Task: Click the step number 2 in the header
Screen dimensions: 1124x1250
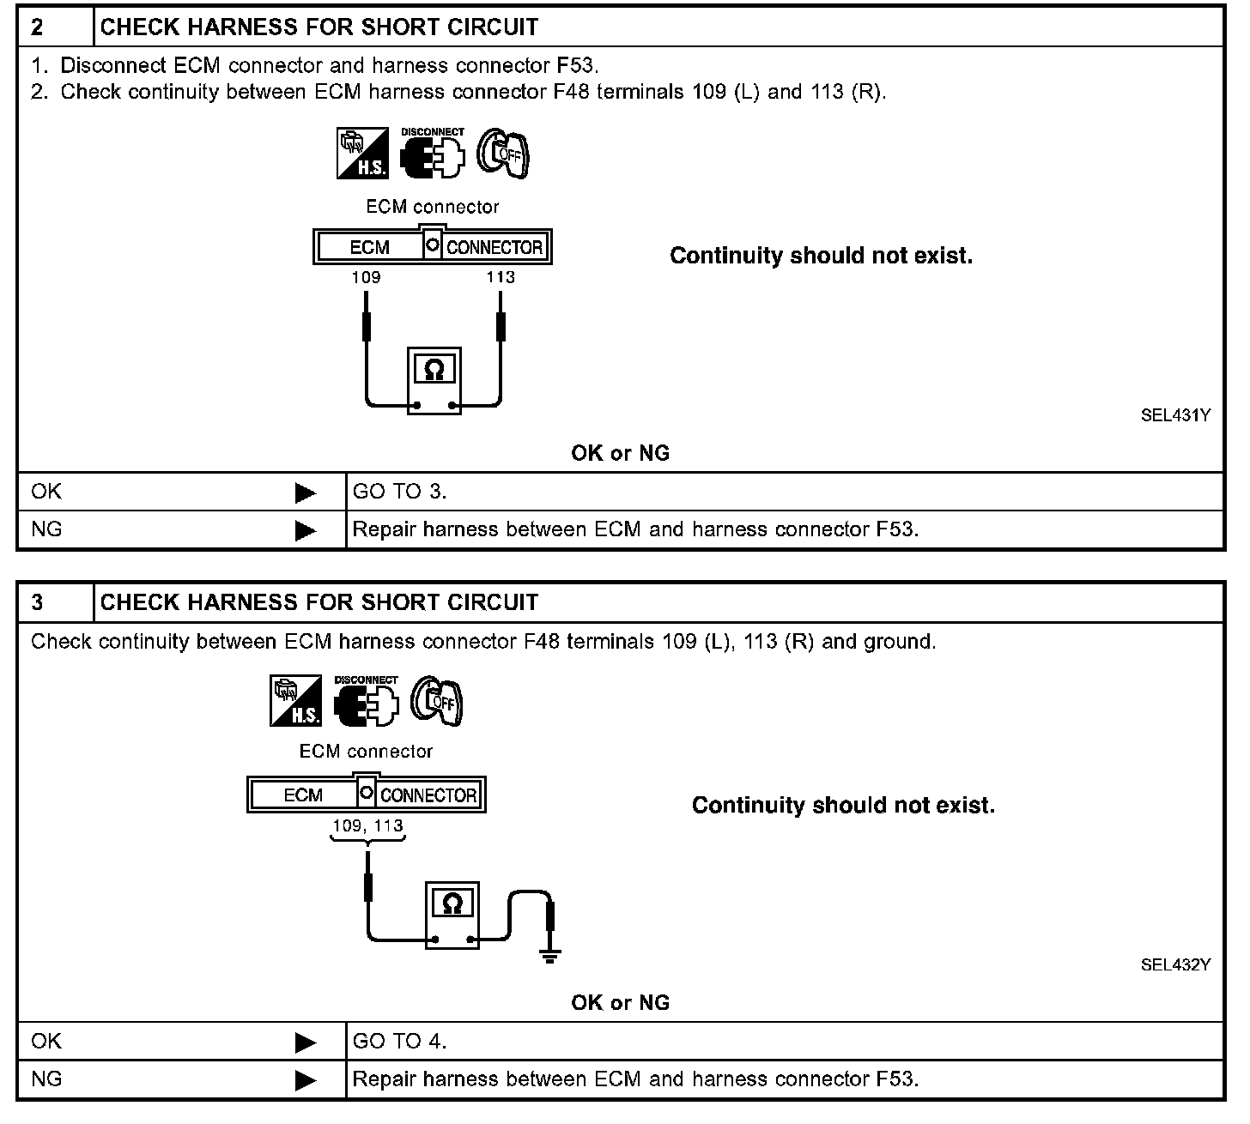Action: click(38, 27)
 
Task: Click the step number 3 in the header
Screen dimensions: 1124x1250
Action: click(38, 602)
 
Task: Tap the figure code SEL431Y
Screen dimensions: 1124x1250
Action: click(1175, 415)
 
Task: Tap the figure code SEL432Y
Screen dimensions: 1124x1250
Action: click(1175, 964)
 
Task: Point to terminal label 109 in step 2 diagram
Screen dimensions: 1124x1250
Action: click(366, 277)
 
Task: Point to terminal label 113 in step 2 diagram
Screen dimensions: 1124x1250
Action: click(501, 277)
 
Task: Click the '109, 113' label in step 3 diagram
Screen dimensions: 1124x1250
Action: click(368, 825)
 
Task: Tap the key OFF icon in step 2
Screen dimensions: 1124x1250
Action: click(504, 154)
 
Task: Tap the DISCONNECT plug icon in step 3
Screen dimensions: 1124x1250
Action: click(367, 702)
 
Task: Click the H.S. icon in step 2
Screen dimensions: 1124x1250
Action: click(362, 154)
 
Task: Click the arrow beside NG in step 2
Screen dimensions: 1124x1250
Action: click(306, 531)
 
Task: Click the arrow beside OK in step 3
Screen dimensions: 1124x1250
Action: click(306, 1042)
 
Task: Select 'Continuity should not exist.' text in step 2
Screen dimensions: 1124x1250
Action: click(821, 256)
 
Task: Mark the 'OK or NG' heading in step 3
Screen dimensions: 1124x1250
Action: click(620, 1002)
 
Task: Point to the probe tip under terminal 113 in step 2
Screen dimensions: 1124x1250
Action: click(501, 325)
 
